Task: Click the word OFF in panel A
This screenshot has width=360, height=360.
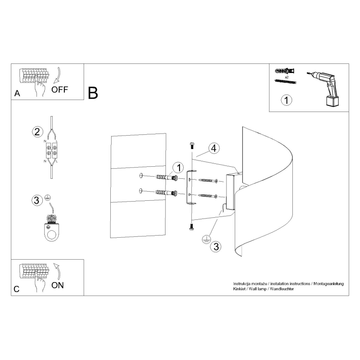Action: [x=60, y=90]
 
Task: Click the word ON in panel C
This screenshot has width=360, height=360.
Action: [x=58, y=285]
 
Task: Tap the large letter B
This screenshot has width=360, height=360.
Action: [x=93, y=93]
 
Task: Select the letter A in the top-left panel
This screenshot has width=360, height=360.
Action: [x=17, y=94]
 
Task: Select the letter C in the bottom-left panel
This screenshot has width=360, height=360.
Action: [x=16, y=289]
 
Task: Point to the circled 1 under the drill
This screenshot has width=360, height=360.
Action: [x=286, y=100]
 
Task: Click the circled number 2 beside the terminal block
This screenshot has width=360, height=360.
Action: [x=37, y=132]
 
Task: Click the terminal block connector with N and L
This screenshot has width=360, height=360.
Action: [x=51, y=150]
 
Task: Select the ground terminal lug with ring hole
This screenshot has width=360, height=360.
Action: [x=52, y=228]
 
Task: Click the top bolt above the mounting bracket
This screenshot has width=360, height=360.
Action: [x=191, y=146]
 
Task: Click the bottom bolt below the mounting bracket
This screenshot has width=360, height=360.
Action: [x=191, y=227]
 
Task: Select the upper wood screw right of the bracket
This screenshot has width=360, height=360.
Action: [x=209, y=180]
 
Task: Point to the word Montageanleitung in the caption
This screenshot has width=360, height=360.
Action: [x=328, y=283]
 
